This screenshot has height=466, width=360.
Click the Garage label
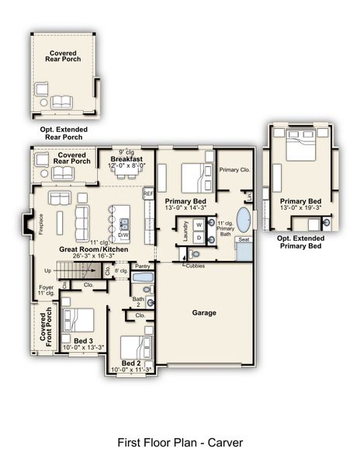click(204, 313)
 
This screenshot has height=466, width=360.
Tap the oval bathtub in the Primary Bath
click(244, 220)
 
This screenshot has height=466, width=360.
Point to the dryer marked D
click(198, 237)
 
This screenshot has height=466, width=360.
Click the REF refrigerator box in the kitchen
click(148, 194)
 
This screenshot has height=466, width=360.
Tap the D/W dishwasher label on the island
click(123, 234)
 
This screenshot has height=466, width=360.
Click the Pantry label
click(142, 266)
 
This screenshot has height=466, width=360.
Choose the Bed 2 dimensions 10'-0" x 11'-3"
click(131, 370)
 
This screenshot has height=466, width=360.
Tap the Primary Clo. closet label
click(234, 169)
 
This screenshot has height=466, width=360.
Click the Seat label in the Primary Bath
click(244, 240)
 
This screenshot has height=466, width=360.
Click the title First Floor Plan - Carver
click(180, 442)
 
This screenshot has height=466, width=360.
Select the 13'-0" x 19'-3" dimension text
click(300, 206)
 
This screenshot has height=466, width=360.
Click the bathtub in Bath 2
click(143, 276)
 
